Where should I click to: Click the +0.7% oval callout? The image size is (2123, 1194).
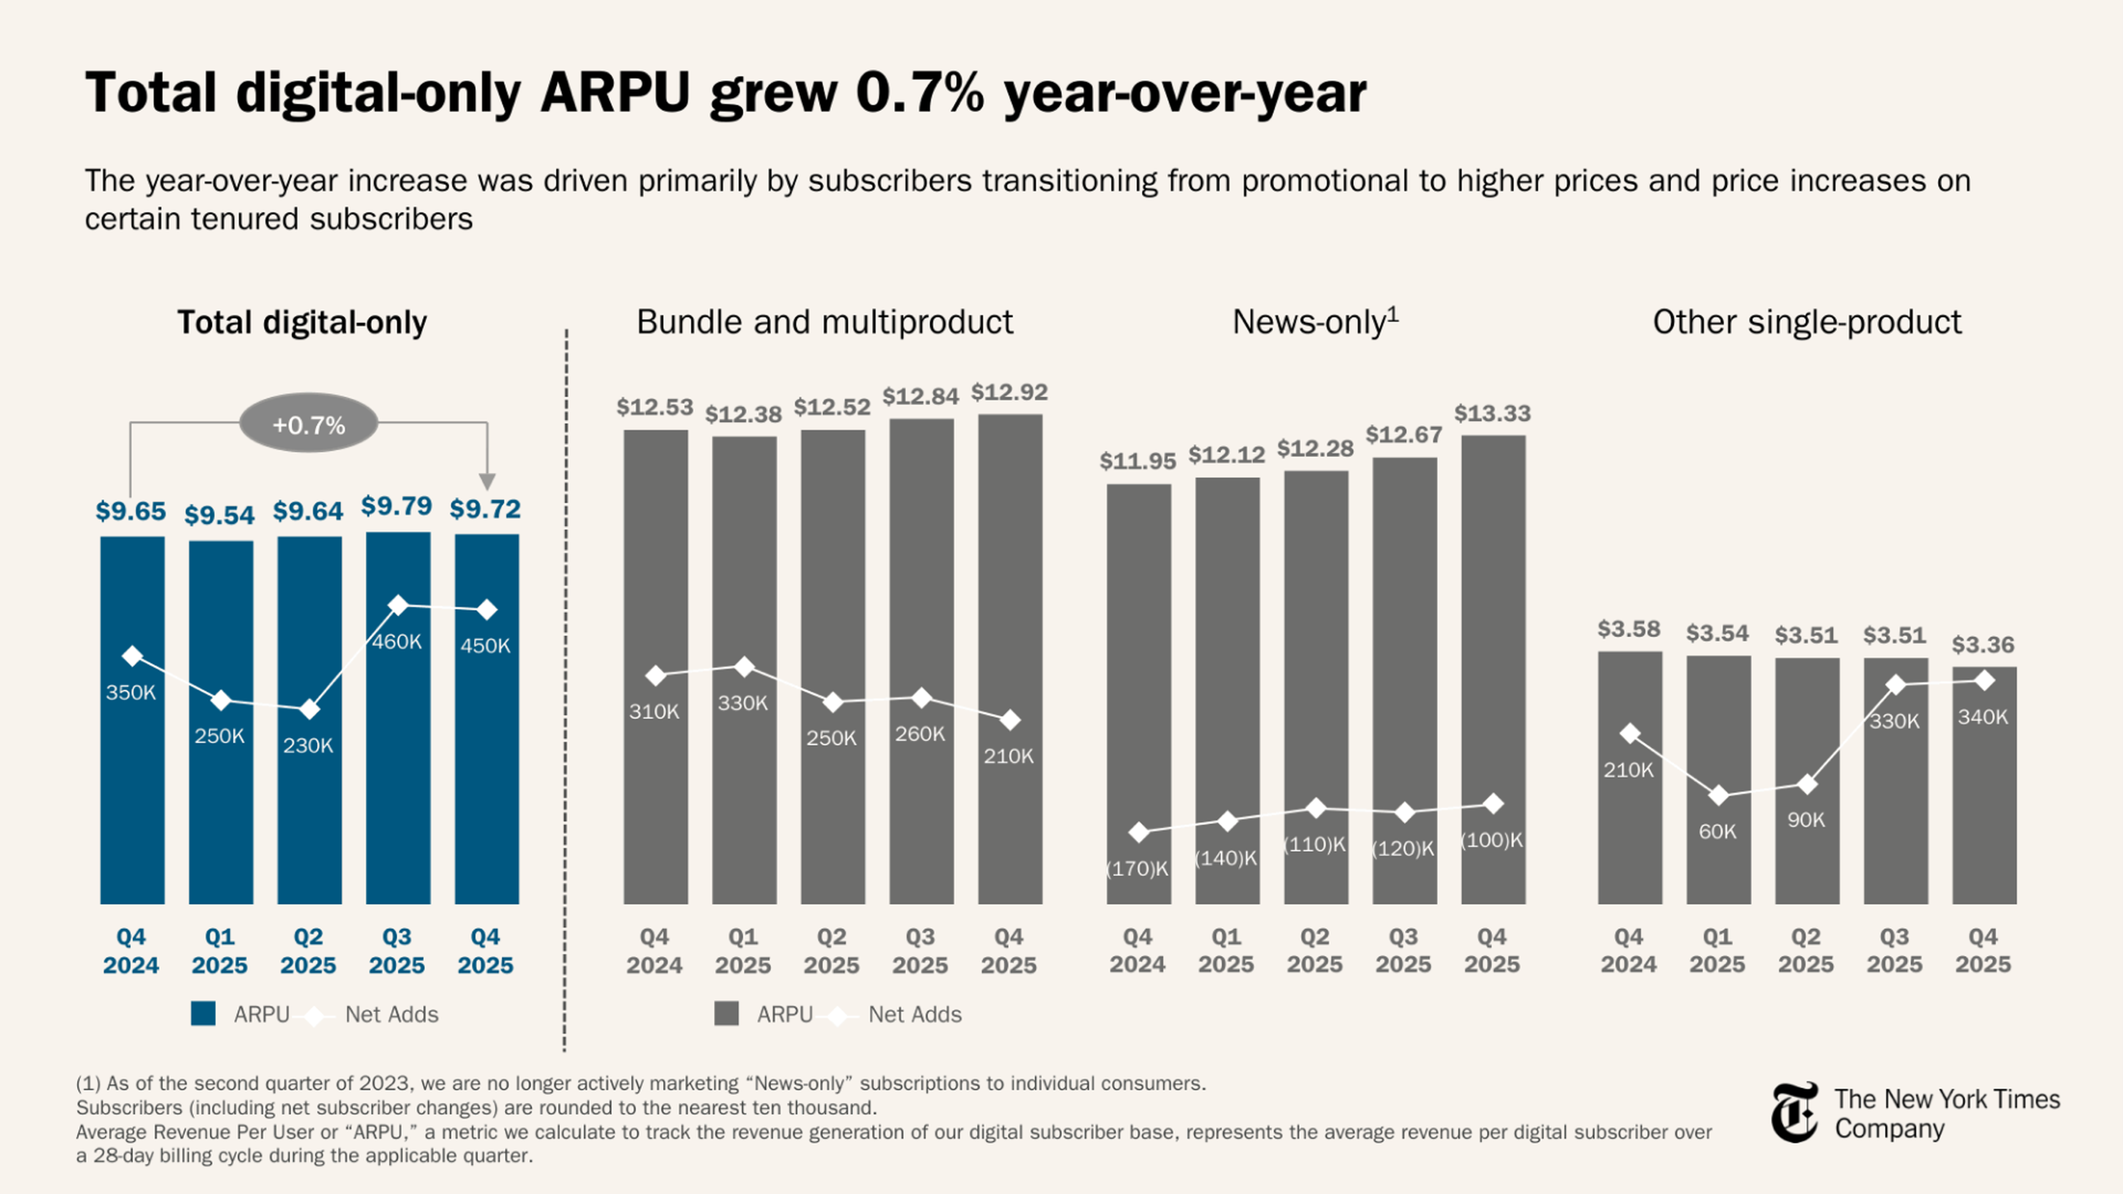pyautogui.click(x=308, y=425)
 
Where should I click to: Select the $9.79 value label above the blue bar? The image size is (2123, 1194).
pyautogui.click(x=396, y=506)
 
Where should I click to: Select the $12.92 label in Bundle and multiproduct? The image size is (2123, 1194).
pyautogui.click(x=1009, y=392)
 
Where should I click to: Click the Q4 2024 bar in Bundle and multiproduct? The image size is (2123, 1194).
pyautogui.click(x=655, y=791)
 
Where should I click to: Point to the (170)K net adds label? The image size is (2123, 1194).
pyautogui.click(x=1137, y=868)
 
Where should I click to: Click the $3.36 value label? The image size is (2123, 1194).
pyautogui.click(x=1983, y=645)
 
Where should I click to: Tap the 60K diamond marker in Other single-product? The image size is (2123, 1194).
pyautogui.click(x=1718, y=796)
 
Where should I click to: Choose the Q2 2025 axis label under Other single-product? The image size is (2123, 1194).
pyautogui.click(x=1806, y=950)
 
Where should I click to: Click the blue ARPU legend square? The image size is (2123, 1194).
pyautogui.click(x=203, y=1014)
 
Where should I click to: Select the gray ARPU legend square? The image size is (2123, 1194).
pyautogui.click(x=726, y=1014)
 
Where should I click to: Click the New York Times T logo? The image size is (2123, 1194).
pyautogui.click(x=1794, y=1112)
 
